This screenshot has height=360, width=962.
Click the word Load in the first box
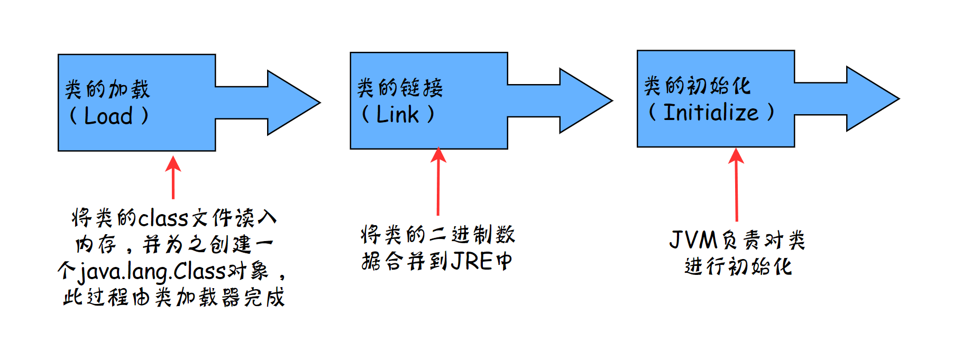coord(108,116)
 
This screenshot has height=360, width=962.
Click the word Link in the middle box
coord(397,114)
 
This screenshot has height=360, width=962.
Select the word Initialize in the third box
coord(711,112)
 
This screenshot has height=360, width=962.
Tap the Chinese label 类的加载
coord(107,89)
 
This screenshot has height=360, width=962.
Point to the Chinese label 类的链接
coord(400,87)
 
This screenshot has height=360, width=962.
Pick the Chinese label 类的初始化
coord(697,85)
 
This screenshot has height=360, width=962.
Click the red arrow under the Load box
coord(173,178)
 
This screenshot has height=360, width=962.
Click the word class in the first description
coord(163,218)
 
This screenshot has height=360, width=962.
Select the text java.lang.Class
coord(152,272)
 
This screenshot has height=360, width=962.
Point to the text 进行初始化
coord(738,266)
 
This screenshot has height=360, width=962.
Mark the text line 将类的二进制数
coord(438,235)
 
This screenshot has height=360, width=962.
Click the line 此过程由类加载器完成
coord(174,298)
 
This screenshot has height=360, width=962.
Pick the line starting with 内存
coord(174,244)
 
